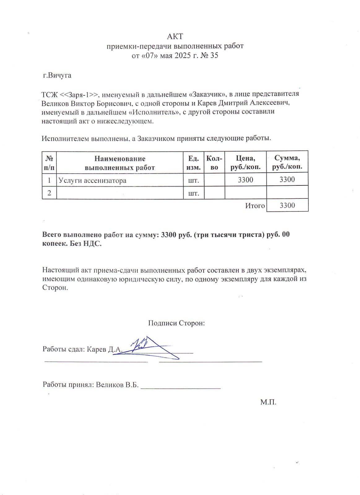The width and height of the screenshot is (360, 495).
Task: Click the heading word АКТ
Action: coord(175,37)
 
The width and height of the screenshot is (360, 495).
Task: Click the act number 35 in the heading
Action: coord(214,55)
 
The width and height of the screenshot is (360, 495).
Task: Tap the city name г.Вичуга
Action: coord(57,75)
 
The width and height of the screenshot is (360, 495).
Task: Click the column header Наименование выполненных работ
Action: coord(120,163)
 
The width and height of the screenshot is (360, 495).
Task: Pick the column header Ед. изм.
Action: coord(193,163)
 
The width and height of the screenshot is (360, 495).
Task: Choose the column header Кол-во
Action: coord(214,163)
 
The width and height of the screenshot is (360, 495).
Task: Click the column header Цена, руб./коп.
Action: coord(245,163)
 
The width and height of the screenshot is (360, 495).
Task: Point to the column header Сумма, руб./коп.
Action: coord(287,163)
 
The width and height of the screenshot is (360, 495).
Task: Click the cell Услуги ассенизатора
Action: coord(92,180)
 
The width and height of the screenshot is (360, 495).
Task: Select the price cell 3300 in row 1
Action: coord(245,180)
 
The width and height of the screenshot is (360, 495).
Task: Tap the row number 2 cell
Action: coord(49,193)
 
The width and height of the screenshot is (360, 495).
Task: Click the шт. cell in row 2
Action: coord(193,193)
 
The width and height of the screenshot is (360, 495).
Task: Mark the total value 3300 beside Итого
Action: coord(287,206)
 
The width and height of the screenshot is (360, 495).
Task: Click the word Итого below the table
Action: coord(255,206)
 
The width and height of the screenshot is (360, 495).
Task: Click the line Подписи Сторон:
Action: coord(176,323)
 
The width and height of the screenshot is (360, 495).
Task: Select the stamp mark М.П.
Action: coord(268,402)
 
